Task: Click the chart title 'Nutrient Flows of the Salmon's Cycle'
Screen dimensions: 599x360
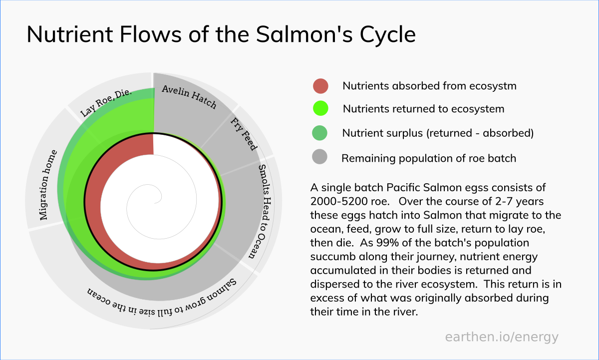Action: click(221, 34)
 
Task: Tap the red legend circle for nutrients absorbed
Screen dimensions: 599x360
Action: click(320, 86)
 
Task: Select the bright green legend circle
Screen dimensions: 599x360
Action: click(320, 108)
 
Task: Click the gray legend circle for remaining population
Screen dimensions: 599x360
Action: click(319, 157)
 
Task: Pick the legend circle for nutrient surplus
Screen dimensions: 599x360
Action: click(319, 133)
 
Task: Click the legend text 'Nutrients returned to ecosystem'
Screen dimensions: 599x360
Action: click(423, 109)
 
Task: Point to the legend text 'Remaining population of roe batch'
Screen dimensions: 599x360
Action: click(429, 158)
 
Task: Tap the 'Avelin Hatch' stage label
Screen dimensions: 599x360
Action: click(189, 96)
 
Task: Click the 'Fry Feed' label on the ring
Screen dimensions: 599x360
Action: click(244, 134)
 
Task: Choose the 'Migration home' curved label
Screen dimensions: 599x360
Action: click(47, 185)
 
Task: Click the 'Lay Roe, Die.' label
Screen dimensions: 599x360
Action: click(106, 102)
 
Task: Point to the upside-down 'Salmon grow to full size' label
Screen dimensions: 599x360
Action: click(162, 300)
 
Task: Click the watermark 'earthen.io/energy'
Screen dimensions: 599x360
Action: click(502, 337)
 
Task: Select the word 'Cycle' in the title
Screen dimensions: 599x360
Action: click(388, 35)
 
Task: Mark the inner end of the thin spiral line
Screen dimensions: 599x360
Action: click(155, 203)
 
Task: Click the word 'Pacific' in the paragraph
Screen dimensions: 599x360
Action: click(404, 187)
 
